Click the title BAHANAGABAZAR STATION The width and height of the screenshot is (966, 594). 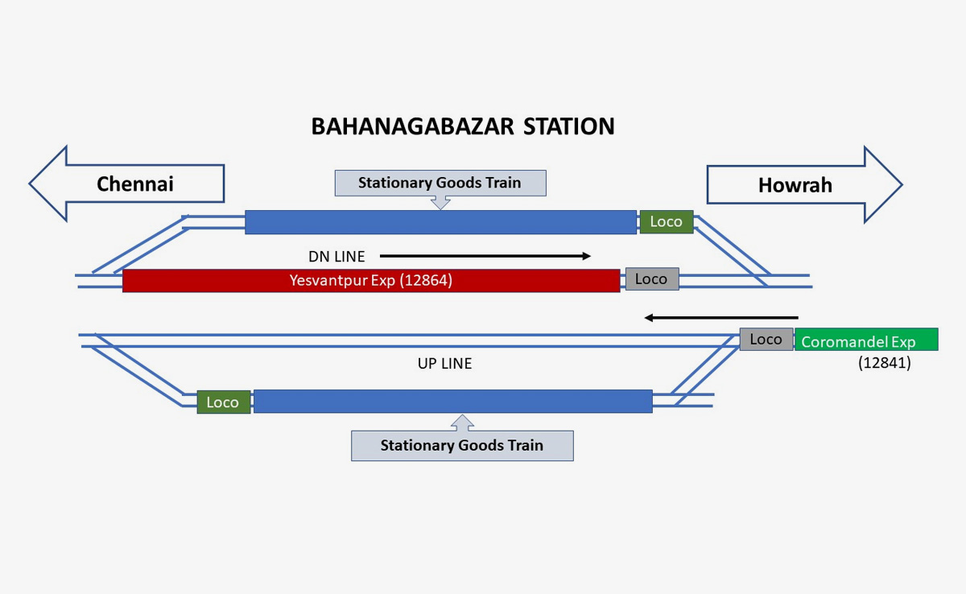(x=463, y=127)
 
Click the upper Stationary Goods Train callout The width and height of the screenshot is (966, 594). (x=440, y=183)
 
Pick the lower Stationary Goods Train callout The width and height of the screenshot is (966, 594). (x=462, y=445)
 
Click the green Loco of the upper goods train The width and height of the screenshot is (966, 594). (x=666, y=222)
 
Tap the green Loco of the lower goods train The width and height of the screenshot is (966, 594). (x=222, y=402)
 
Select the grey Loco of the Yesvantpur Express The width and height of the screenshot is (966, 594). (x=651, y=279)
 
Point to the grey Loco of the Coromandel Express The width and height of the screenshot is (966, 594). (x=766, y=340)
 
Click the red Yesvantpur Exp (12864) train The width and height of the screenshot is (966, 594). (x=370, y=281)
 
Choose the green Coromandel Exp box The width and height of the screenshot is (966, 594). (x=865, y=340)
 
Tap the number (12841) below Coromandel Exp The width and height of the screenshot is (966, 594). (x=884, y=363)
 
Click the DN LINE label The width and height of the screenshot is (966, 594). (x=336, y=257)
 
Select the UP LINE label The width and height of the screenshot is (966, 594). (x=444, y=364)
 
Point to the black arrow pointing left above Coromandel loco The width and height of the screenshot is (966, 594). (x=721, y=318)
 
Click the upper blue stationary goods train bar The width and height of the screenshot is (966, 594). (x=440, y=222)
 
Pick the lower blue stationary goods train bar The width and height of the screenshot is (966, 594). (x=452, y=402)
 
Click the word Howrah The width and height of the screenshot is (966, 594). (x=795, y=186)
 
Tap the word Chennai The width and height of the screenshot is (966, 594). (x=134, y=184)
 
